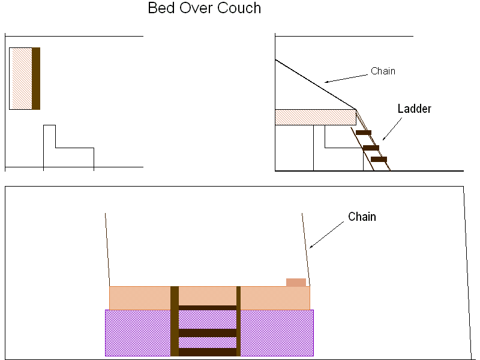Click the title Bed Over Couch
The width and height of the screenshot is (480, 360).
204,8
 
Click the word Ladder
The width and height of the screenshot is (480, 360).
414,109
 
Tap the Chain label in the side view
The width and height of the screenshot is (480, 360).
383,71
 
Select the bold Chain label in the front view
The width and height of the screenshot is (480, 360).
362,217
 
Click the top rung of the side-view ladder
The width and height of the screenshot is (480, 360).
364,133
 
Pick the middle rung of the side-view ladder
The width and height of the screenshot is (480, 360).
371,148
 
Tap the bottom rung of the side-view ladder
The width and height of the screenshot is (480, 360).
379,159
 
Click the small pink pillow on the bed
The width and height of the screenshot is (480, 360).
296,282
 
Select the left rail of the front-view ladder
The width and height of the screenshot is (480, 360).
175,321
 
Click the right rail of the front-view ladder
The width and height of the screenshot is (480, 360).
238,321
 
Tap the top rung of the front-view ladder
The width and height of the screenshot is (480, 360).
208,308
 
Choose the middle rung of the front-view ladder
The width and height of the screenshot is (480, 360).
208,333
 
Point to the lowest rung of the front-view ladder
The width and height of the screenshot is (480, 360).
208,352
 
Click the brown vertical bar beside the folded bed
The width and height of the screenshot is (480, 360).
36,79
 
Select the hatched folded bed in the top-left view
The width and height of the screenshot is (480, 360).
21,79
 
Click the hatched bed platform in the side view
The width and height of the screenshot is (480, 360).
316,117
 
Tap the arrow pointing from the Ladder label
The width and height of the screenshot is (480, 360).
392,129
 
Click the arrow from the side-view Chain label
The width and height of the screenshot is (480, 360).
346,79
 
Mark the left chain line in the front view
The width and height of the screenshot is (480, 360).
107,250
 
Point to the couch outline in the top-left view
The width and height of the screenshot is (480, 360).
56,148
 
